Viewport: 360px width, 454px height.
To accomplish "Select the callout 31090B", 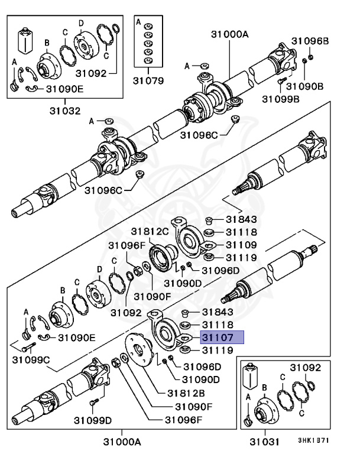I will click(309, 86).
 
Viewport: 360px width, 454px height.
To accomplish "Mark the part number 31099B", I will click(281, 99).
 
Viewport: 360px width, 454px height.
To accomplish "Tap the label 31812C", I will click(150, 231).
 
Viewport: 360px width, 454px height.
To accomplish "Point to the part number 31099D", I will click(93, 420).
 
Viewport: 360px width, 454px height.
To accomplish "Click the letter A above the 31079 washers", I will click(138, 22).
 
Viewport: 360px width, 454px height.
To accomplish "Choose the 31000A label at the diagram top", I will click(230, 34).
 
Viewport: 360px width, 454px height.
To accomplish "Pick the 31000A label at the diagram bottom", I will click(121, 441).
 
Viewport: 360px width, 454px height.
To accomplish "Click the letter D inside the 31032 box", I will click(81, 23).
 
